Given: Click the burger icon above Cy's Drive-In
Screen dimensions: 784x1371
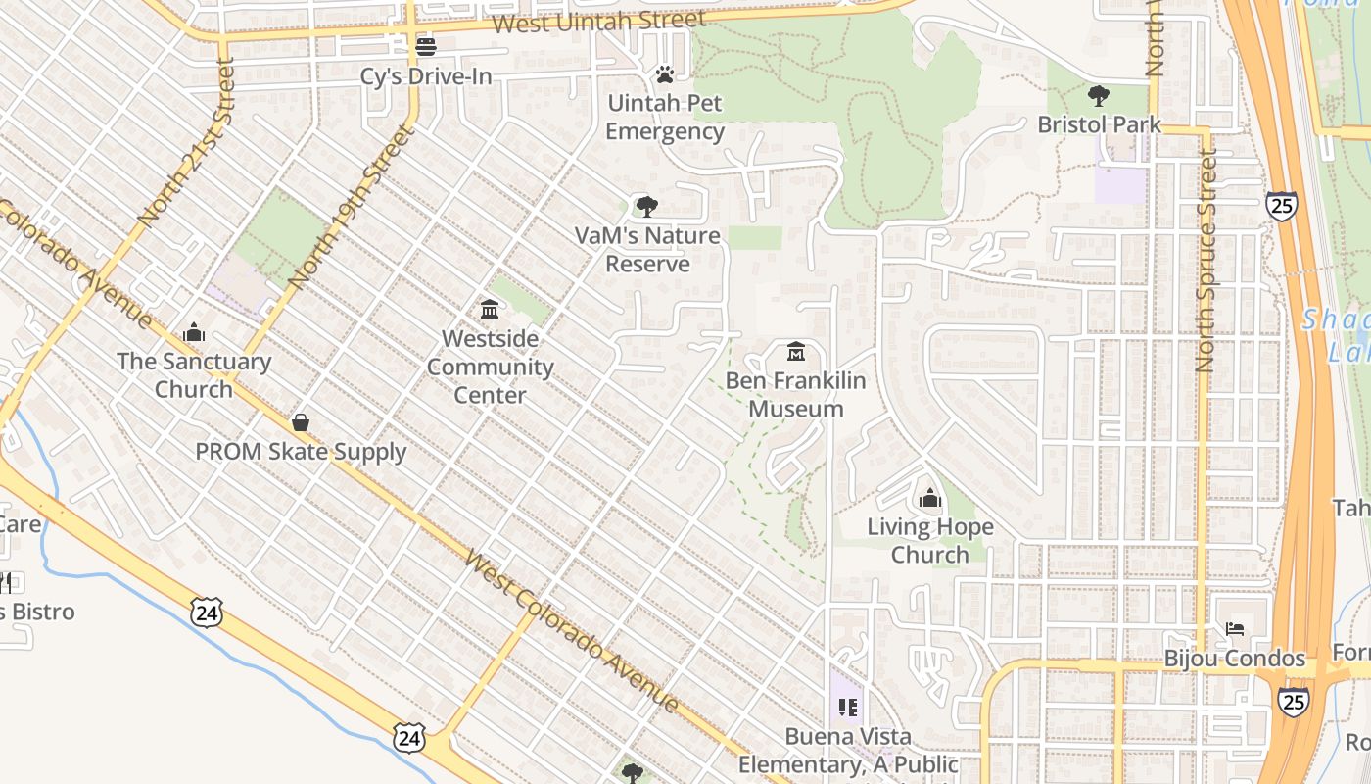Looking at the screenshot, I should click(x=425, y=46).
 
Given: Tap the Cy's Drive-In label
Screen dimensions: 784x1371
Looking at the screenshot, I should click(x=426, y=75).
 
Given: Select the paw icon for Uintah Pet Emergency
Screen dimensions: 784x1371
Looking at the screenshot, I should click(x=665, y=73).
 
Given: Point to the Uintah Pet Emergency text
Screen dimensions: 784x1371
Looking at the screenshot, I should click(x=665, y=117).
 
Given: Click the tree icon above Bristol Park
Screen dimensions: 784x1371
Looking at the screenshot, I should click(x=1099, y=95).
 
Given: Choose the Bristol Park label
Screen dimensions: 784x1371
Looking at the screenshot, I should click(x=1099, y=124).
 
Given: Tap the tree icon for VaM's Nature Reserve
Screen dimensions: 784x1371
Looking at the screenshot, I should click(x=646, y=206).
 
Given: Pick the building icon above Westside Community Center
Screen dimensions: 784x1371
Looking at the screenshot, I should click(x=490, y=310).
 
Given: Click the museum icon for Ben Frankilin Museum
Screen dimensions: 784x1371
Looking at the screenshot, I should click(x=796, y=351).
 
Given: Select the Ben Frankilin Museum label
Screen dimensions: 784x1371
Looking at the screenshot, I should click(x=796, y=394).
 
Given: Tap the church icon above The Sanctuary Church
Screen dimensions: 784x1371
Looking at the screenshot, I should click(x=194, y=332).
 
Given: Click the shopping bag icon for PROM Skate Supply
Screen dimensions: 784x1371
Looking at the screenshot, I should click(x=301, y=422).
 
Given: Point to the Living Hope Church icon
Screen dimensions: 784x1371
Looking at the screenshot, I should click(x=929, y=499).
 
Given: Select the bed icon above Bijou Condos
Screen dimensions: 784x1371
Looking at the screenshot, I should click(x=1235, y=628).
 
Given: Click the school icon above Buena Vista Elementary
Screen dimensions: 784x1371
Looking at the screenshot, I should click(x=848, y=707).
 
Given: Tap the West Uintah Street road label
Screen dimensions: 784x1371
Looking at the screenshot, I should click(x=598, y=22).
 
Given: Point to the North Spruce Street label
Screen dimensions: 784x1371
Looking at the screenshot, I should click(x=1206, y=261).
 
